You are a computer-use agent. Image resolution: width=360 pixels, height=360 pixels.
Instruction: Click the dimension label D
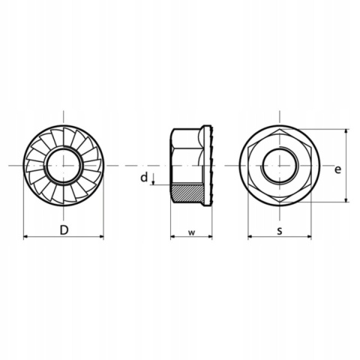pos(64,229)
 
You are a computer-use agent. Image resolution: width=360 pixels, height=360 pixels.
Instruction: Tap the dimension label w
pos(191,232)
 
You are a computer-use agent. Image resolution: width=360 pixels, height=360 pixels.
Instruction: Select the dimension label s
pos(280,231)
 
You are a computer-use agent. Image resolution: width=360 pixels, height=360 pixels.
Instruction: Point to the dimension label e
pos(337,169)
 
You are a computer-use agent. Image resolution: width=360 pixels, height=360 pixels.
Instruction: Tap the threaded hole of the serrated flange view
pos(64,166)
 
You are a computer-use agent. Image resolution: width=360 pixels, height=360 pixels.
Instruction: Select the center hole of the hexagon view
pos(280,166)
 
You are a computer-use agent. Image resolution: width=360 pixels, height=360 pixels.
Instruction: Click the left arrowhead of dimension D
pos(25,236)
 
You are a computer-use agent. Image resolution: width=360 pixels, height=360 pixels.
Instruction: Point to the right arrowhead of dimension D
pos(100,236)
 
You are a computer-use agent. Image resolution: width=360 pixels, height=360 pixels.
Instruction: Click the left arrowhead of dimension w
pos(173,236)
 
